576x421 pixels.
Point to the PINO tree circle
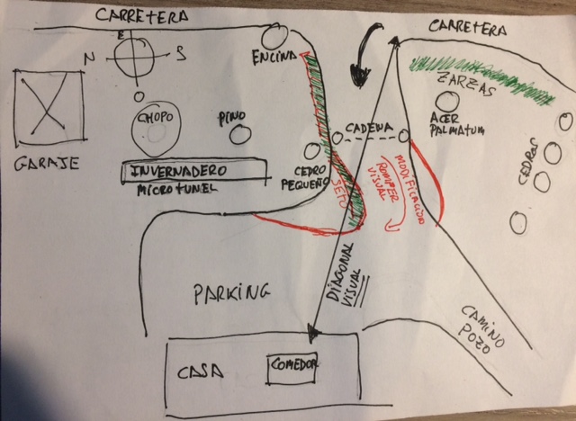click(x=239, y=135)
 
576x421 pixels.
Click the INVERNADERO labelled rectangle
click(x=193, y=171)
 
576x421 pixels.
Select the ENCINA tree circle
click(x=274, y=38)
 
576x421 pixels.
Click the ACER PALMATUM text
click(x=457, y=124)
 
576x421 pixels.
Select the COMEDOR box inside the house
click(x=293, y=367)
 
